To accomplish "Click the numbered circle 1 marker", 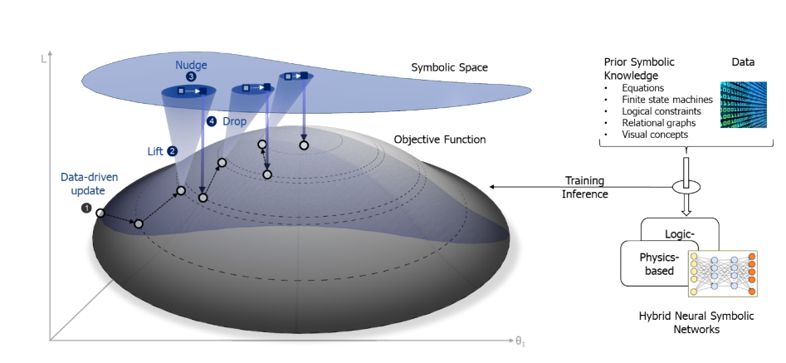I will [85, 208].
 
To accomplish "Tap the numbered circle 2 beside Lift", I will [173, 151].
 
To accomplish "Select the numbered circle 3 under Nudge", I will [191, 76].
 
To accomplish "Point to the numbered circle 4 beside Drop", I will [211, 122].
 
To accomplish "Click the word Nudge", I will [191, 64].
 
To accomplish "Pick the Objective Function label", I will [439, 139].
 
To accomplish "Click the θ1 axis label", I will [520, 342].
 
